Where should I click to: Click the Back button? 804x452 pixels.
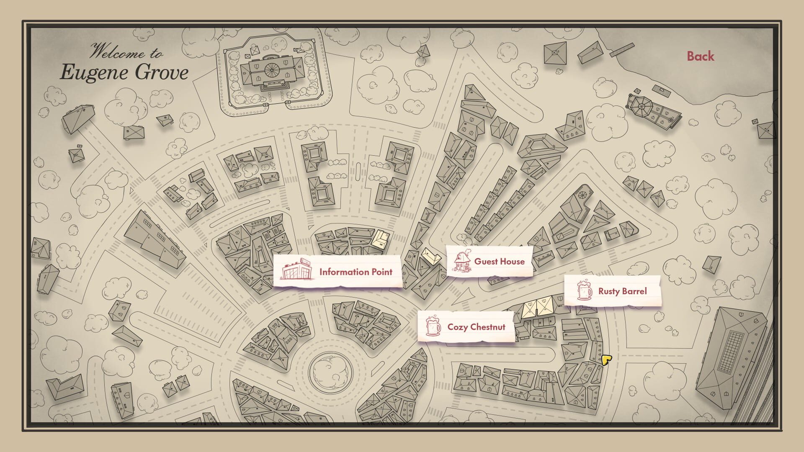(x=700, y=56)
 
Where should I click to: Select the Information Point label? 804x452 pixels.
(x=356, y=272)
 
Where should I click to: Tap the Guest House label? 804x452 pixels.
(x=499, y=262)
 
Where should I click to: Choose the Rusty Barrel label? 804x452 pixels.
(x=622, y=291)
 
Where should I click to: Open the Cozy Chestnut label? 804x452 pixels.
(x=476, y=327)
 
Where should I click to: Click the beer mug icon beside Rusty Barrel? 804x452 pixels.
(x=584, y=290)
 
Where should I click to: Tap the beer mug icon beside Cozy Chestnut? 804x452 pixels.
(x=433, y=326)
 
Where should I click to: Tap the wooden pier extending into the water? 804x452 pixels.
(x=621, y=50)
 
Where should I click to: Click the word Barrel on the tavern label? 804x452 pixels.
(x=634, y=291)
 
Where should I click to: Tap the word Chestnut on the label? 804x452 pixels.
(x=487, y=327)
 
